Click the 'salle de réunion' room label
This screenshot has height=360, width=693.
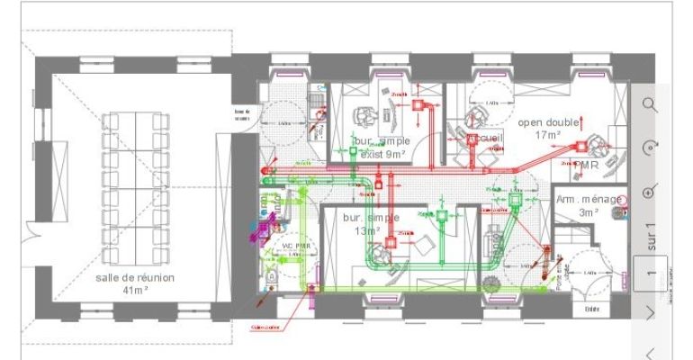136,277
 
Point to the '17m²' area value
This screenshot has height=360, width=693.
547,134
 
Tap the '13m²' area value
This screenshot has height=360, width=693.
366,231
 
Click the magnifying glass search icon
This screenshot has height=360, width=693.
650,104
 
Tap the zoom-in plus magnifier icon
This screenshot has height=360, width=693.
650,192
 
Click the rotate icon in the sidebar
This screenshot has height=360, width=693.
650,148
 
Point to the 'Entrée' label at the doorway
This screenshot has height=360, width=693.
592,308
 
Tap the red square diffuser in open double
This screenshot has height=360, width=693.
581,146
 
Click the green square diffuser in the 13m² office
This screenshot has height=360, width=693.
441,215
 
